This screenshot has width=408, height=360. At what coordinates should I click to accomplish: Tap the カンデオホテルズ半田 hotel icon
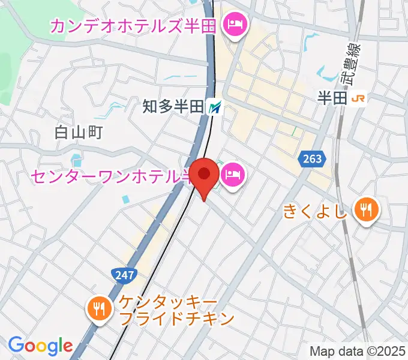233,25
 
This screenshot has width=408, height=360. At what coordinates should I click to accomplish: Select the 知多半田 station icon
215,107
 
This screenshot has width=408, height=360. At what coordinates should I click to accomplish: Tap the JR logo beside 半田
359,98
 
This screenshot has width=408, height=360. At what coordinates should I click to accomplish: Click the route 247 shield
124,275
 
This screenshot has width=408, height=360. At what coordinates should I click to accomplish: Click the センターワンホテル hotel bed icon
232,176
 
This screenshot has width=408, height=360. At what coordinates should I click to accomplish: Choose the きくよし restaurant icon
365,209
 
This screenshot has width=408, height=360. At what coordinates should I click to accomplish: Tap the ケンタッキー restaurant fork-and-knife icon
98,308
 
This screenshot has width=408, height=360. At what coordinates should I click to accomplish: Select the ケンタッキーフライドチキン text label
176,309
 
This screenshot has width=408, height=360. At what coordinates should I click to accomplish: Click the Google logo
40,346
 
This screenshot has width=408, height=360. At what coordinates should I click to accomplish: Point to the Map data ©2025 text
358,351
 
